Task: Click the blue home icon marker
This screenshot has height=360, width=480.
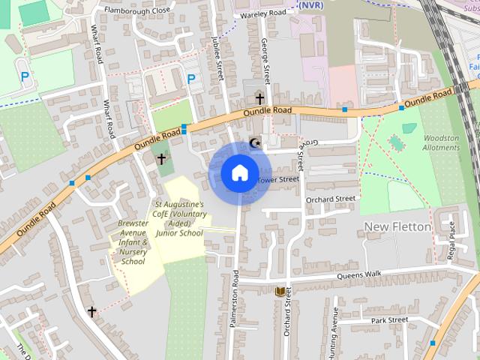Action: [x=239, y=173]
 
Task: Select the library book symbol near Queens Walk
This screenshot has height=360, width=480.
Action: [x=280, y=292]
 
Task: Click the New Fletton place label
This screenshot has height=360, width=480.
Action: [x=397, y=226]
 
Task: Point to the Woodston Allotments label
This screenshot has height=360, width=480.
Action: [x=441, y=142]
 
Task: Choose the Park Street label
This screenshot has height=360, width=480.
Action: [x=389, y=320]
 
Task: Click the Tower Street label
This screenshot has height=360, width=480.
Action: [x=278, y=180]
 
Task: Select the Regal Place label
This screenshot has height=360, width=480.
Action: [x=451, y=241]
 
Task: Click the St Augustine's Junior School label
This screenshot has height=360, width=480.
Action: [x=179, y=218]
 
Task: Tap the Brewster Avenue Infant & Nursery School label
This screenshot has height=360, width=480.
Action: [x=133, y=242]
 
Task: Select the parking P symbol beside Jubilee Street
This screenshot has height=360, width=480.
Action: [x=191, y=78]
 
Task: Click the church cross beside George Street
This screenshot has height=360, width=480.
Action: [x=259, y=98]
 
